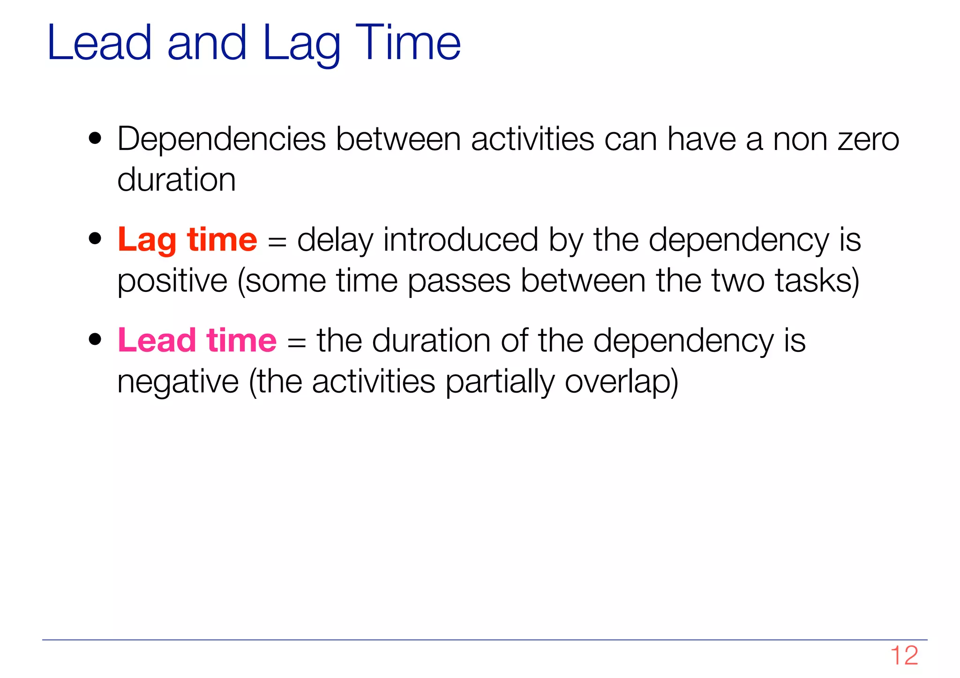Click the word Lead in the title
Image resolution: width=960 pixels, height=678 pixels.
coord(99,43)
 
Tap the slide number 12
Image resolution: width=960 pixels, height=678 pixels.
coord(904,655)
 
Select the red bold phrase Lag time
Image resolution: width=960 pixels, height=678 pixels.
coord(187,240)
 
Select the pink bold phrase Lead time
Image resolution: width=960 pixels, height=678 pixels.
coord(197,340)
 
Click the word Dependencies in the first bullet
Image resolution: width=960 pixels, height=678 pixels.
coord(221,139)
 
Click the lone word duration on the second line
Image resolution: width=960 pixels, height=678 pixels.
coord(176,180)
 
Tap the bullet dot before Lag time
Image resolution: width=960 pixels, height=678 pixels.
coord(95,238)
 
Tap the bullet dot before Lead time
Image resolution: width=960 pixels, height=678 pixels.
coord(95,339)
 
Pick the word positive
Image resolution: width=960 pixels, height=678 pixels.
coord(172,281)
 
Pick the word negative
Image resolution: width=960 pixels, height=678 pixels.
coord(178,382)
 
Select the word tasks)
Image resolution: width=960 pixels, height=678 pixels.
coord(817,281)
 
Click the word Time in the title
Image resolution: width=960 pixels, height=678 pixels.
coord(408,43)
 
